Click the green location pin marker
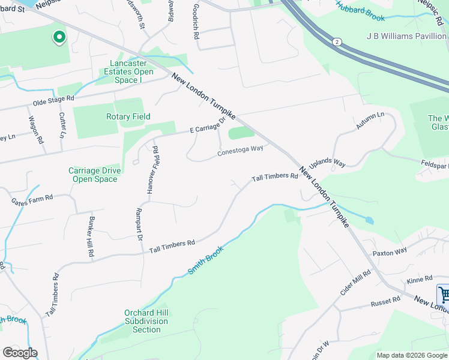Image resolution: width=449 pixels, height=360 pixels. (59, 38)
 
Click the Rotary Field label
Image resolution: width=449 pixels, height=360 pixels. (128, 116)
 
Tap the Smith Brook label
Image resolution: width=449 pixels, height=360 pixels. (205, 260)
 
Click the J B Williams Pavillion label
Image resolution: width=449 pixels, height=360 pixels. (406, 36)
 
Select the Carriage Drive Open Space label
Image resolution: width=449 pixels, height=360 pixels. (94, 175)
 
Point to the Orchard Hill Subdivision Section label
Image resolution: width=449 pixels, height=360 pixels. (146, 321)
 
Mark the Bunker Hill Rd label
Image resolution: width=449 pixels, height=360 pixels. (92, 236)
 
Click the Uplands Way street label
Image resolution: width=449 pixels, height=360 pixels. (327, 163)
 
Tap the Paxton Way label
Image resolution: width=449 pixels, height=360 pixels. (390, 251)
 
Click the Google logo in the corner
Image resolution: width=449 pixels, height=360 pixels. (20, 353)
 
